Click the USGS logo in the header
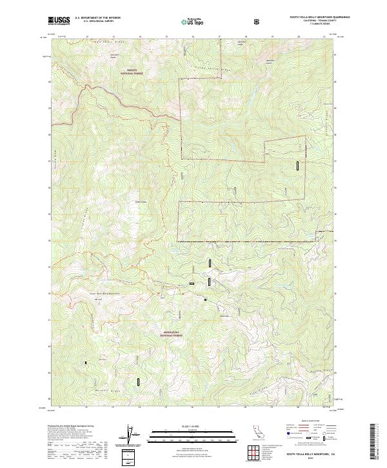tap(59, 21)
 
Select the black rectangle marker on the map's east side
tap(298, 165)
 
